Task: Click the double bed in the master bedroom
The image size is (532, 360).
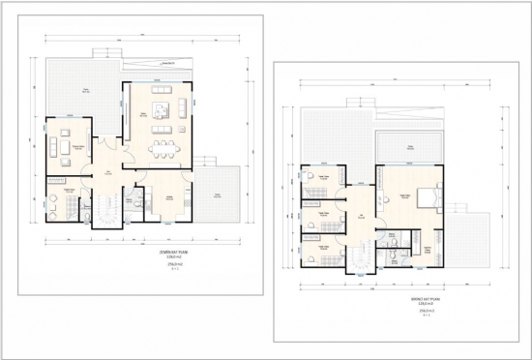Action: [430, 198]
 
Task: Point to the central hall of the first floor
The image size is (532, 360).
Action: [359, 213]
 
